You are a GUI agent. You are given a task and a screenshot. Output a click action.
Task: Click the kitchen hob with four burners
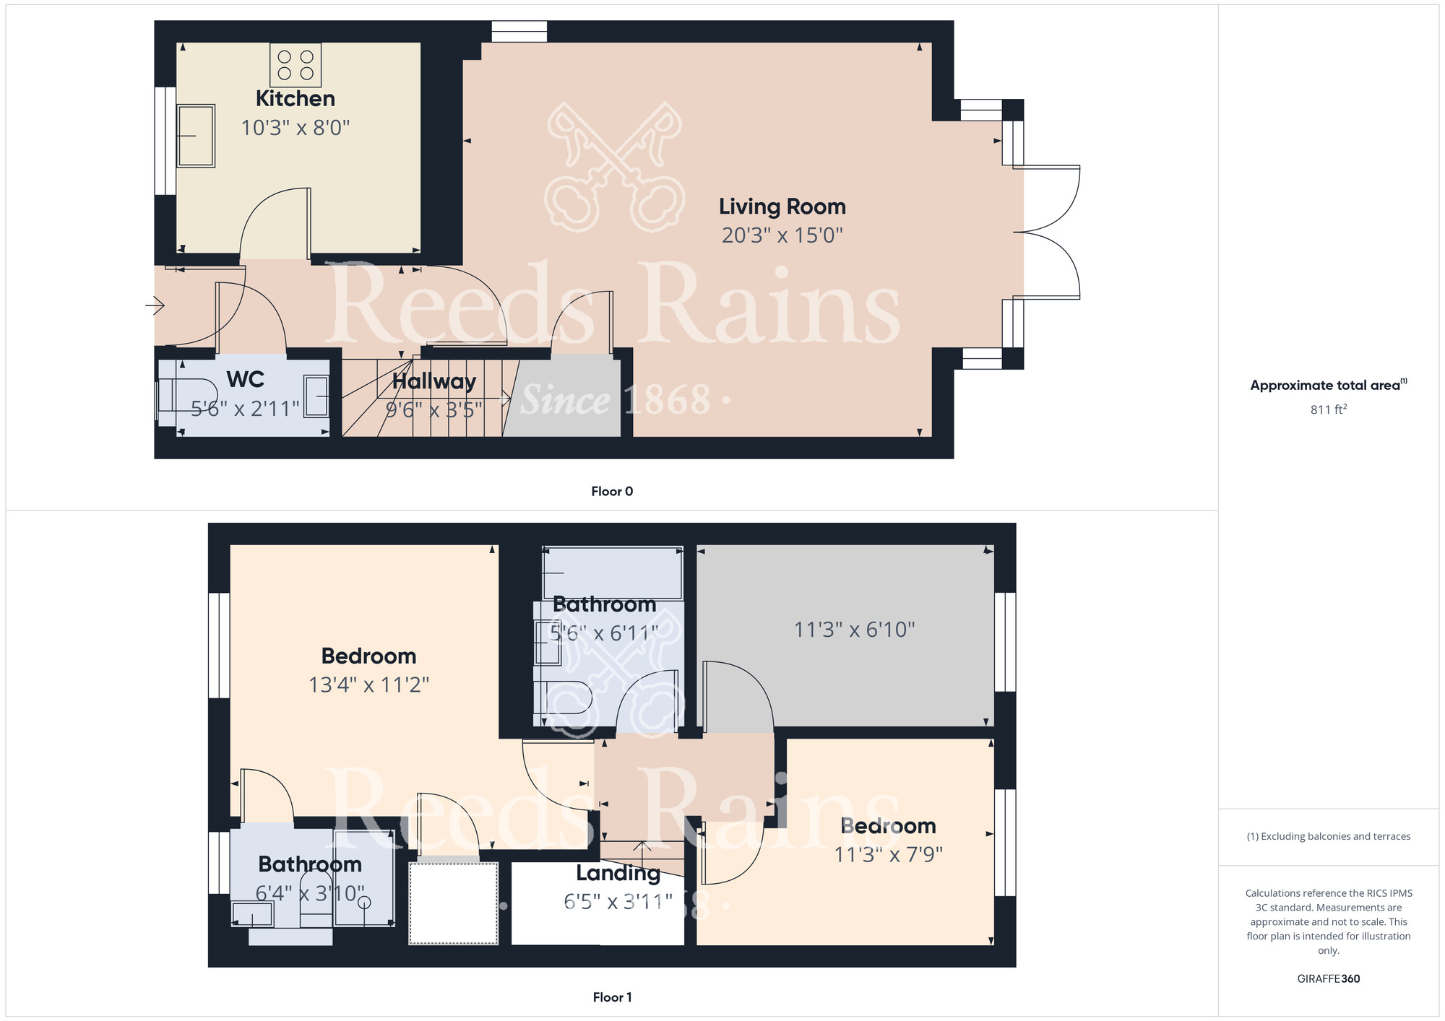click(296, 65)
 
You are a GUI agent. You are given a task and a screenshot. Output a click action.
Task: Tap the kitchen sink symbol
click(196, 136)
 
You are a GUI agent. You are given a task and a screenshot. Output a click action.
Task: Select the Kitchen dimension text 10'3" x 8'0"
click(296, 128)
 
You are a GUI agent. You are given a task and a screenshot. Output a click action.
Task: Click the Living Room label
click(782, 207)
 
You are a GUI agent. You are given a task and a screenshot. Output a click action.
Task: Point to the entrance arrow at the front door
click(155, 305)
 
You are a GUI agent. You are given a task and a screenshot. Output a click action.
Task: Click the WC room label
click(246, 379)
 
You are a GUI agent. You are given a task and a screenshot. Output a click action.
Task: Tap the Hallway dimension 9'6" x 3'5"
click(433, 410)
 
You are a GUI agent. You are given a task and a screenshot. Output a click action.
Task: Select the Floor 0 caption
click(612, 491)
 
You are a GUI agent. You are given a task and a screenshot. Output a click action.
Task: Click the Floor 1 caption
click(612, 997)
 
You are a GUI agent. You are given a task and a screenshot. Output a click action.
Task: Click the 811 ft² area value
click(1328, 409)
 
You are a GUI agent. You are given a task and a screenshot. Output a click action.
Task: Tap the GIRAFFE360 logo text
click(1328, 979)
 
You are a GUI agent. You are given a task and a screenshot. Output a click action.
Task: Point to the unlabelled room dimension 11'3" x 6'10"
click(854, 630)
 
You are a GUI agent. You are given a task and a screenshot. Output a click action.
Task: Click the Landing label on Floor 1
click(618, 873)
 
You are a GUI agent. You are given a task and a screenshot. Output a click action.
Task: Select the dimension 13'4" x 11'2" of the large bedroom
click(368, 685)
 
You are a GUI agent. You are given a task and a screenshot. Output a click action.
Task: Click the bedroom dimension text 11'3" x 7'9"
click(889, 855)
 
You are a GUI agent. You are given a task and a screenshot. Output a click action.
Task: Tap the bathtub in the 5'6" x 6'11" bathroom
click(613, 573)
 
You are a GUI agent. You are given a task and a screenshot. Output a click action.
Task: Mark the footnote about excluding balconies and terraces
click(1328, 836)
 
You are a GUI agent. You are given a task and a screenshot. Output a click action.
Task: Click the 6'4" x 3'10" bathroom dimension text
click(310, 894)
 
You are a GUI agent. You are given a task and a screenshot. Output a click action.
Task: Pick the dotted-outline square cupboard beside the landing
click(454, 903)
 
